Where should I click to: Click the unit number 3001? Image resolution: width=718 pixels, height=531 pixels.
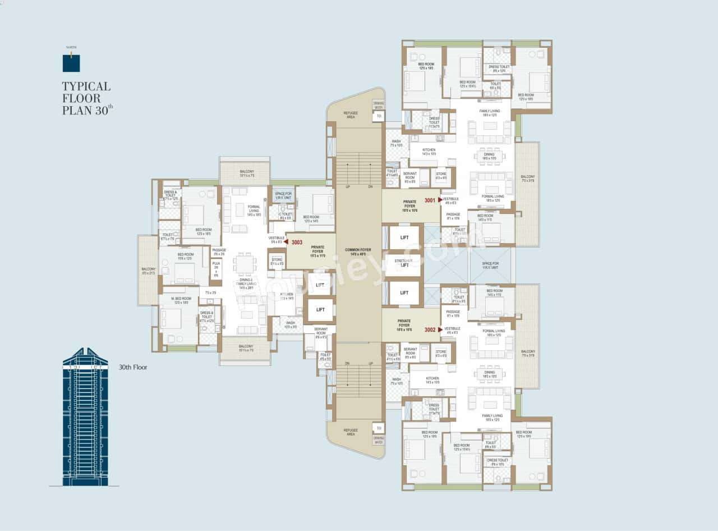coord(430,200)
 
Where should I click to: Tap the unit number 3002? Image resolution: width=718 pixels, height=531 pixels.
coord(430,329)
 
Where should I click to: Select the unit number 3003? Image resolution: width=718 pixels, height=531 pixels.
coord(297,242)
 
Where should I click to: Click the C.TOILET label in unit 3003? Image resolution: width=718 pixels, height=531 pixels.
coord(286,215)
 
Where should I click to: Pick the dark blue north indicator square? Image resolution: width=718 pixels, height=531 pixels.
coord(71,63)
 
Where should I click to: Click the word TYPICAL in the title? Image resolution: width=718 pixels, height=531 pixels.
coord(86,86)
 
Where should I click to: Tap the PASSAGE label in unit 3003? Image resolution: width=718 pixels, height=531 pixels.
coord(219,252)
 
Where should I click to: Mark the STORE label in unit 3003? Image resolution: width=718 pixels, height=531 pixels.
coord(277,261)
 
